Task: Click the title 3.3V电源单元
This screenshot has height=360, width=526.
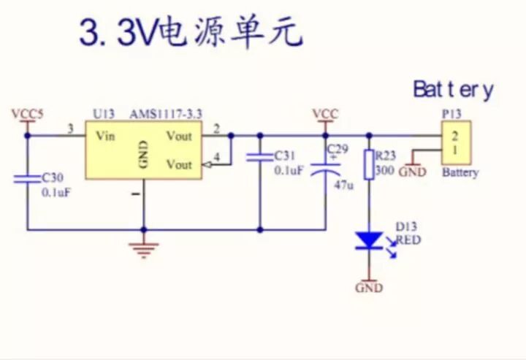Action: (x=190, y=33)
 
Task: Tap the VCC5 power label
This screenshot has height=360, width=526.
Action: (x=27, y=114)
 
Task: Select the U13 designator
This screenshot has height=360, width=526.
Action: (x=104, y=114)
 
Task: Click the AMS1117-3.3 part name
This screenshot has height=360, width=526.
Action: (x=166, y=114)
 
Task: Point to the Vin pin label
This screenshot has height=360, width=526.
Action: (x=105, y=136)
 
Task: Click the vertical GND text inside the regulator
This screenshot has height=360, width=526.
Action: (x=143, y=155)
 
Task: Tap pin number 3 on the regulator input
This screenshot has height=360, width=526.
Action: (x=70, y=129)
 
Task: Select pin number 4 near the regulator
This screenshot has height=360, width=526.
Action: (x=216, y=156)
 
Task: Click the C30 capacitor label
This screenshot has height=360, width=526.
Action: (x=53, y=177)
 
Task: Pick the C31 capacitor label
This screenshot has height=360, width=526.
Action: (x=284, y=156)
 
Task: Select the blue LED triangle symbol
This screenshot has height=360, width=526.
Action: (x=369, y=240)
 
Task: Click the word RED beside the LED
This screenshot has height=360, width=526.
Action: (x=408, y=239)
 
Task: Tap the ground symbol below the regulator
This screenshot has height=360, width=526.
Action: (x=143, y=248)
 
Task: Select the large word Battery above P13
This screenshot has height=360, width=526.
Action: (x=453, y=89)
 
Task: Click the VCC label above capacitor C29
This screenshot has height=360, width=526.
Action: (x=325, y=114)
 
